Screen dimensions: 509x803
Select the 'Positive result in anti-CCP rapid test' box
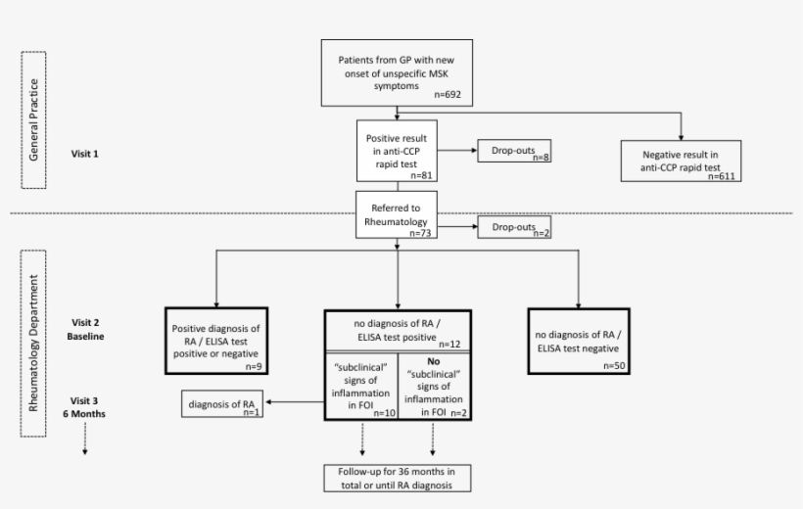[396, 151]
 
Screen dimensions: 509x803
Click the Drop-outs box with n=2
[513, 228]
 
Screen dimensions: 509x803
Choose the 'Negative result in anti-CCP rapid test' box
[682, 161]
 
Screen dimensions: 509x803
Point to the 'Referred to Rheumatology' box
[396, 215]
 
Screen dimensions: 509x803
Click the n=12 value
[450, 344]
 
